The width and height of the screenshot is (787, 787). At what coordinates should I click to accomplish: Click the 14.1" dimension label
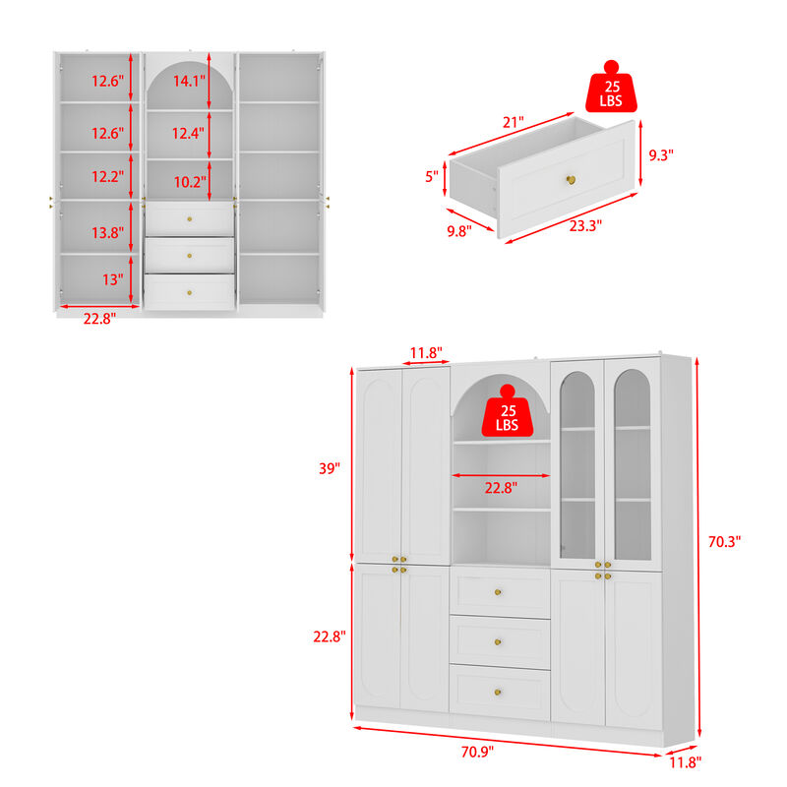pos(189,82)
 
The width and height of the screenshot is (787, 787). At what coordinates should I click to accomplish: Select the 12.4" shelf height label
pos(189,133)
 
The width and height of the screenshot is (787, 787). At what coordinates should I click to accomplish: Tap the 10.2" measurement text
pos(189,181)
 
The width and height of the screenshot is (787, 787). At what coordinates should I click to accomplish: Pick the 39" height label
pos(328,468)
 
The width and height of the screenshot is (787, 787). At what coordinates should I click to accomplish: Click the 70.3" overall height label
pos(724,540)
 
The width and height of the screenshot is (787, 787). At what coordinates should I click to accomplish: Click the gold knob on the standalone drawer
pos(569,179)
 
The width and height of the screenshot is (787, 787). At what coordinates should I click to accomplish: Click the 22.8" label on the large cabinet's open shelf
pos(501,487)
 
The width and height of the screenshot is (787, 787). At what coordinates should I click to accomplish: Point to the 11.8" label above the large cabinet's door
pos(426,351)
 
